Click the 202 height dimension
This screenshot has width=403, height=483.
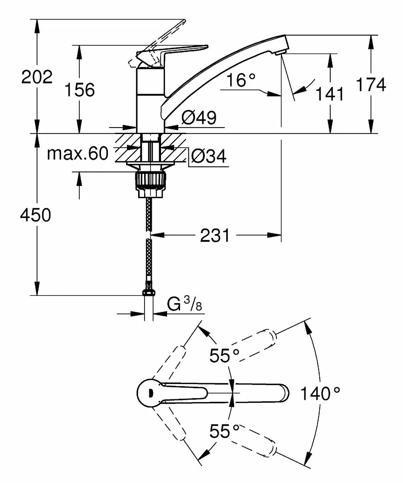(x=37, y=77)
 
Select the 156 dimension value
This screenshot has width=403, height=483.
(x=79, y=90)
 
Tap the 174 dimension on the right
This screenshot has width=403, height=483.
(x=371, y=85)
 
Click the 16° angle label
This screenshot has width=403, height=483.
(x=240, y=80)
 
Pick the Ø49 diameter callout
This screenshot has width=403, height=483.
(x=198, y=118)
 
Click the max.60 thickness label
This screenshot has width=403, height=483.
(x=77, y=153)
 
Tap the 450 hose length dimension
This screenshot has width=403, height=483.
(x=36, y=215)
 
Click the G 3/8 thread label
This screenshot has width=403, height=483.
(x=183, y=306)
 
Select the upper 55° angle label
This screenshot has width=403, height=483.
(x=224, y=355)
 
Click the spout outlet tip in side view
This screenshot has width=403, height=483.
(x=281, y=49)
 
